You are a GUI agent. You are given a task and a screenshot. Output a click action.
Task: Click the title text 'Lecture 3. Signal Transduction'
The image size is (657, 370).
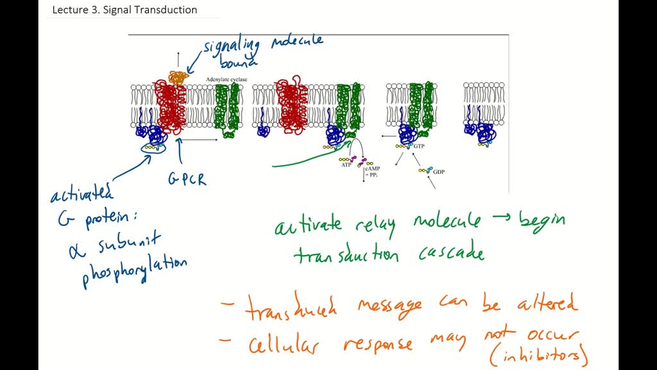click(x=124, y=10)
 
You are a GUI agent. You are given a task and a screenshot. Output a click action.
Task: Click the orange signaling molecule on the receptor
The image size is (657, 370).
click(x=176, y=77)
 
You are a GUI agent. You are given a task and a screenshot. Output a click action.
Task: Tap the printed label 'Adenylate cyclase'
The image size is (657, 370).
click(x=226, y=79)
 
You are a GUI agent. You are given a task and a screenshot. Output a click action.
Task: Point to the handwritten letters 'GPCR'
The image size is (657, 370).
click(x=187, y=178)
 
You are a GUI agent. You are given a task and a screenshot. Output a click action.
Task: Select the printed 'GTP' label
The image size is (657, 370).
click(x=419, y=146)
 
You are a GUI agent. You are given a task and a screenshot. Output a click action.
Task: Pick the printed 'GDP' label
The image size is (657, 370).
click(x=439, y=172)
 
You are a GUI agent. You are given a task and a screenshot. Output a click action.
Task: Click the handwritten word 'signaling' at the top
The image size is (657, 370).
click(x=232, y=46)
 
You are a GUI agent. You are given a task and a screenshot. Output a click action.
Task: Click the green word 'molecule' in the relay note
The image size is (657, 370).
click(x=447, y=222)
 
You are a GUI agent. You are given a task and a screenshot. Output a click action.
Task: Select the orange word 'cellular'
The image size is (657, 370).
click(x=284, y=345)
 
